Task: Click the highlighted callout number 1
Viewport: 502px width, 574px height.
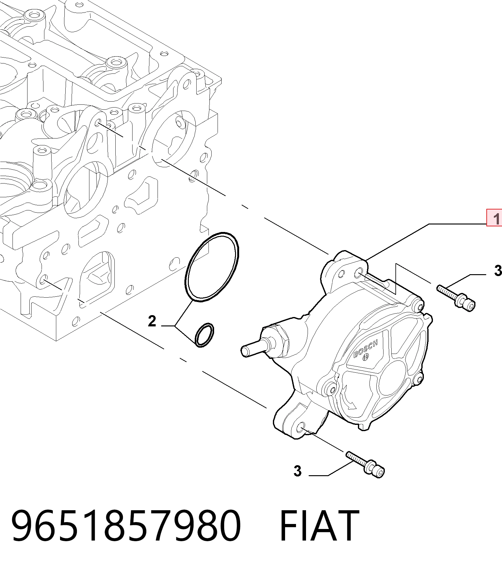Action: click(x=494, y=218)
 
